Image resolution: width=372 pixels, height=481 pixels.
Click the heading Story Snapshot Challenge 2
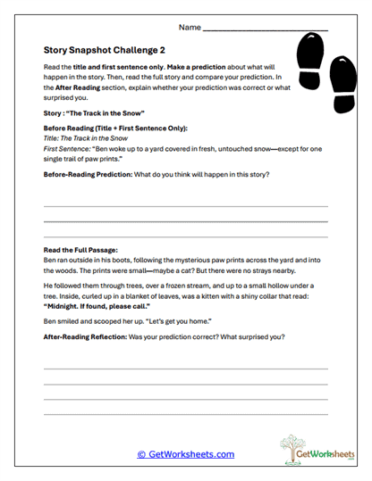[100, 51]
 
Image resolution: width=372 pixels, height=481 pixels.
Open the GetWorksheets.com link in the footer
[185, 454]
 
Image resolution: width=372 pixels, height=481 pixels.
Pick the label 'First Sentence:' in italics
[65, 148]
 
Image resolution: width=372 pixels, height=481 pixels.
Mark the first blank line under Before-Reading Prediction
[185, 206]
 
